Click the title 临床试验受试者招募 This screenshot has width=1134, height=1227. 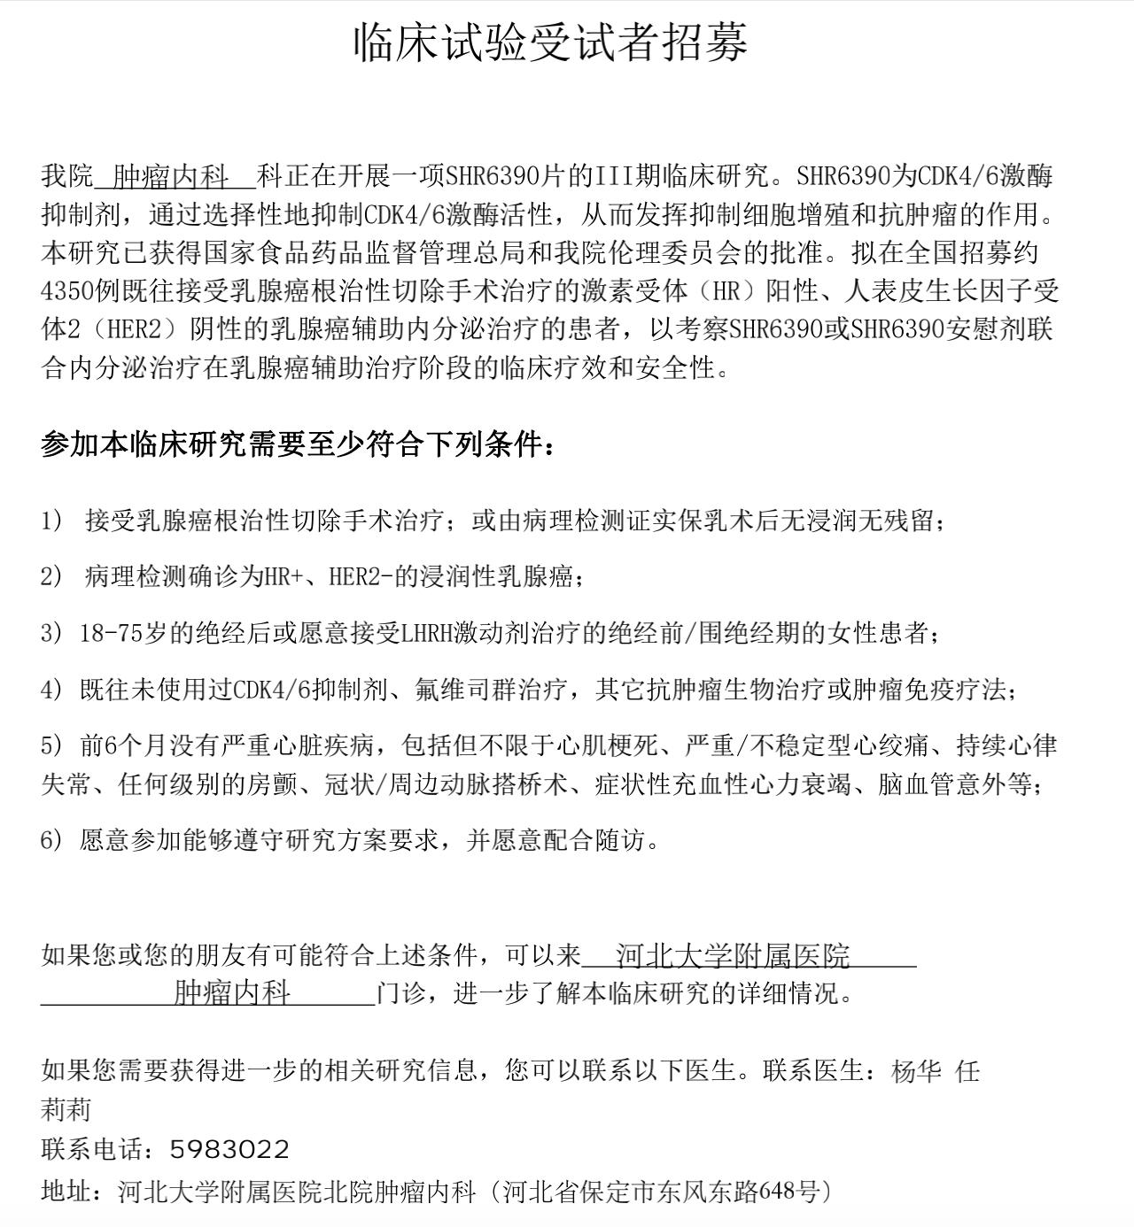tap(551, 42)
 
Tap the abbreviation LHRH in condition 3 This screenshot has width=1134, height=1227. tap(427, 633)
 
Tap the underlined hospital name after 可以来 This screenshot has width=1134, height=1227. tap(733, 956)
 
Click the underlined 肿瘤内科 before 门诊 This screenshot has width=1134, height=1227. tap(232, 993)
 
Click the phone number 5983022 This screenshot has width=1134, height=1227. tap(229, 1149)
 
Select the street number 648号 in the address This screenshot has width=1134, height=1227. tap(783, 1192)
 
